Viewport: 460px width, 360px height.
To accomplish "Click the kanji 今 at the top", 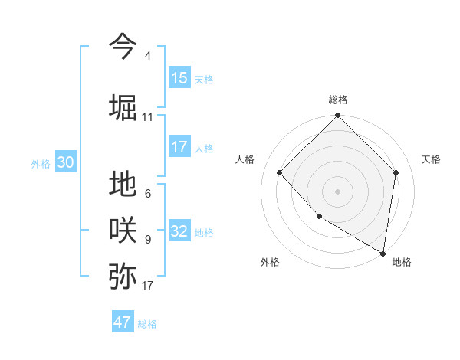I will (x=123, y=46).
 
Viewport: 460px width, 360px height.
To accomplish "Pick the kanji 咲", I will (x=123, y=230).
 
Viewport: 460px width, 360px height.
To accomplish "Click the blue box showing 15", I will (x=179, y=78).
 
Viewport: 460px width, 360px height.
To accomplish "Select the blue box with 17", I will (x=179, y=147).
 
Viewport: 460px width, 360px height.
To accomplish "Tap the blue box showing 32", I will (x=179, y=231).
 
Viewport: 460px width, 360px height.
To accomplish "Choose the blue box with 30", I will (x=65, y=162).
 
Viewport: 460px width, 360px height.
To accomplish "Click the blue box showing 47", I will (x=123, y=322).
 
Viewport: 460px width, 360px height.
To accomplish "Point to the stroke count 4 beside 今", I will (x=148, y=56).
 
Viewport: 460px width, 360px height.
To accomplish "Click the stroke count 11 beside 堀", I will (x=148, y=117).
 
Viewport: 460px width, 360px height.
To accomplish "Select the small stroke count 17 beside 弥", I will (x=148, y=286).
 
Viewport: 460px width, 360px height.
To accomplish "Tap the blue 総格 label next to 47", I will (x=147, y=324).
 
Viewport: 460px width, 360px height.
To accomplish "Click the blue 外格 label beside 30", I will (x=41, y=163).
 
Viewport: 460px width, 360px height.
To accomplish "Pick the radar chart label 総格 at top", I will (x=337, y=100).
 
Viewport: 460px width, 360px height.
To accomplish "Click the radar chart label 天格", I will (x=431, y=159).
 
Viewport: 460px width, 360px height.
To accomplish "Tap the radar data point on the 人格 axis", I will (x=280, y=172).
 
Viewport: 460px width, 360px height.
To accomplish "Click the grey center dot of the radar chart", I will (x=337, y=191).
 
